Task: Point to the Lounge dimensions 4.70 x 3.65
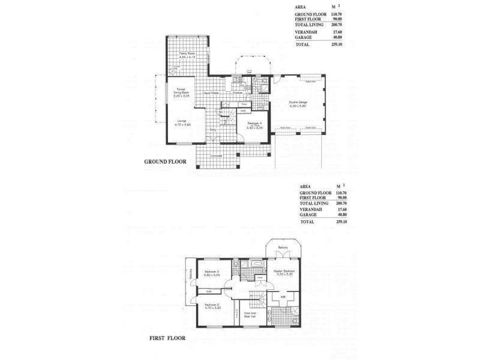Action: click(x=182, y=125)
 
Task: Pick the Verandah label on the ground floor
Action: click(x=217, y=155)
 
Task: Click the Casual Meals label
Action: click(x=210, y=93)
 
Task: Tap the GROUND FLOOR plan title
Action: click(x=165, y=161)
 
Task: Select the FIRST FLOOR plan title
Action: click(x=167, y=338)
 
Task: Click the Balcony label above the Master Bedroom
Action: click(x=283, y=248)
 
